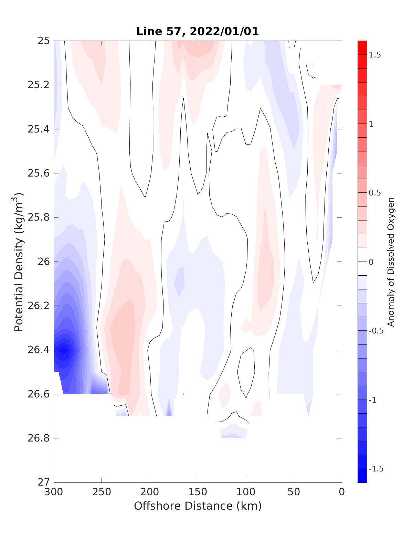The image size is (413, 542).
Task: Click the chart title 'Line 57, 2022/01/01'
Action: [x=198, y=31]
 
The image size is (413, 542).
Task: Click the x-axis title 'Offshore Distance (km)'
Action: [x=198, y=506]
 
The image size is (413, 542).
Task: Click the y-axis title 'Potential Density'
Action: [x=19, y=262]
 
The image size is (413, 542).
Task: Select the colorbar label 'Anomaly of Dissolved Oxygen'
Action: [x=391, y=262]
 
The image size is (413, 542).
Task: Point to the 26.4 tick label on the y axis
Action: [x=39, y=350]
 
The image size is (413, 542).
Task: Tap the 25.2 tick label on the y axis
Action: [x=39, y=85]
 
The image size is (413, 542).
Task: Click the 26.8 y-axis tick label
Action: [x=39, y=438]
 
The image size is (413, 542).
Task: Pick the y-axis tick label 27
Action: [x=44, y=482]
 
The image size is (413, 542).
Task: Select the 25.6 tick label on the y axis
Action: [x=39, y=173]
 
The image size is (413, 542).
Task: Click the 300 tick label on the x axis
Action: [x=54, y=492]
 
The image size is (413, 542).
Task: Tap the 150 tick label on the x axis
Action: [x=198, y=492]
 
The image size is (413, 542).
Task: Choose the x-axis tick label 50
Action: [x=294, y=492]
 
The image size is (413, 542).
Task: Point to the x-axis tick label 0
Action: [x=342, y=492]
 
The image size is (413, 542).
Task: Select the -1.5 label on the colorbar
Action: [x=376, y=469]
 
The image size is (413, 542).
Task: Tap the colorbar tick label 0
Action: [x=371, y=262]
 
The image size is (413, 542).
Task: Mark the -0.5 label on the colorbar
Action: [x=376, y=331]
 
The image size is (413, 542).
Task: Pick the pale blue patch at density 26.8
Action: [x=234, y=432]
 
